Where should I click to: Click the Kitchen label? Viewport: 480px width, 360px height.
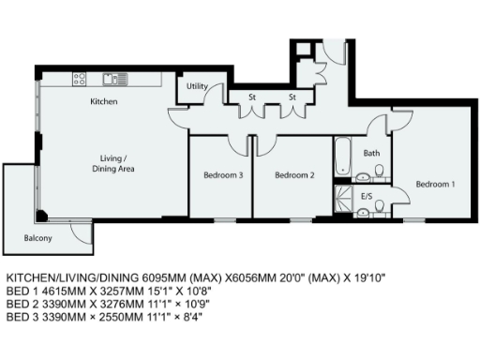pos(103,100)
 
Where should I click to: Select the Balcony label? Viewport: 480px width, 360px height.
pos(37,238)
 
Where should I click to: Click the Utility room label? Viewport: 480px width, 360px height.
pos(197,86)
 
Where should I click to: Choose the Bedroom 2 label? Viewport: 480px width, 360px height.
pos(293,174)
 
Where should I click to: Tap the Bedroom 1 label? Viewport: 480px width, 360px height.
pos(435,184)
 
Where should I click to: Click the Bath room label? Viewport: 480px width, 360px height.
pos(371,153)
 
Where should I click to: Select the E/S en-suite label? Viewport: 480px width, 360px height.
pos(368,197)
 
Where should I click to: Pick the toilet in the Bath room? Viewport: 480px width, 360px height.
pos(380,170)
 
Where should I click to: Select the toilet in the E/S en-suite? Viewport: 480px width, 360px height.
pos(362,213)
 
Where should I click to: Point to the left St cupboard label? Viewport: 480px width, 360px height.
pos(253,97)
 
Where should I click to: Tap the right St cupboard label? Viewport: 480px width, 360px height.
pos(292,97)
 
